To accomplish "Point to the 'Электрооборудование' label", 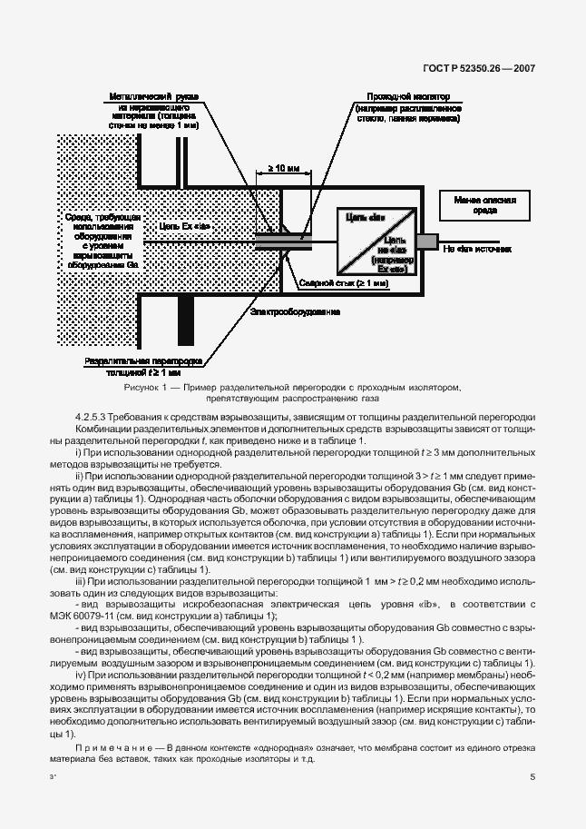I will pyautogui.click(x=296, y=311).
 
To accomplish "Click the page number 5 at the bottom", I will pyautogui.click(x=532, y=776).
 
